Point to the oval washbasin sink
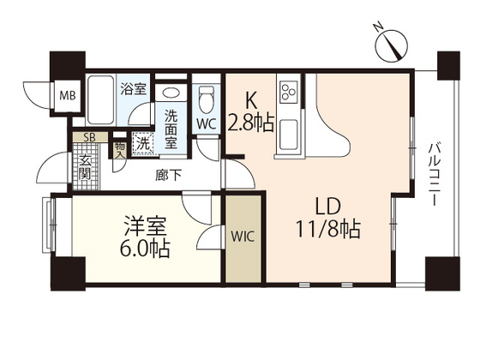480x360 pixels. [171, 93]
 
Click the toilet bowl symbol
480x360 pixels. [206, 99]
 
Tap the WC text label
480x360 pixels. [206, 124]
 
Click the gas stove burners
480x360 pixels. [287, 88]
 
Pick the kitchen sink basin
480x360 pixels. [287, 133]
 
